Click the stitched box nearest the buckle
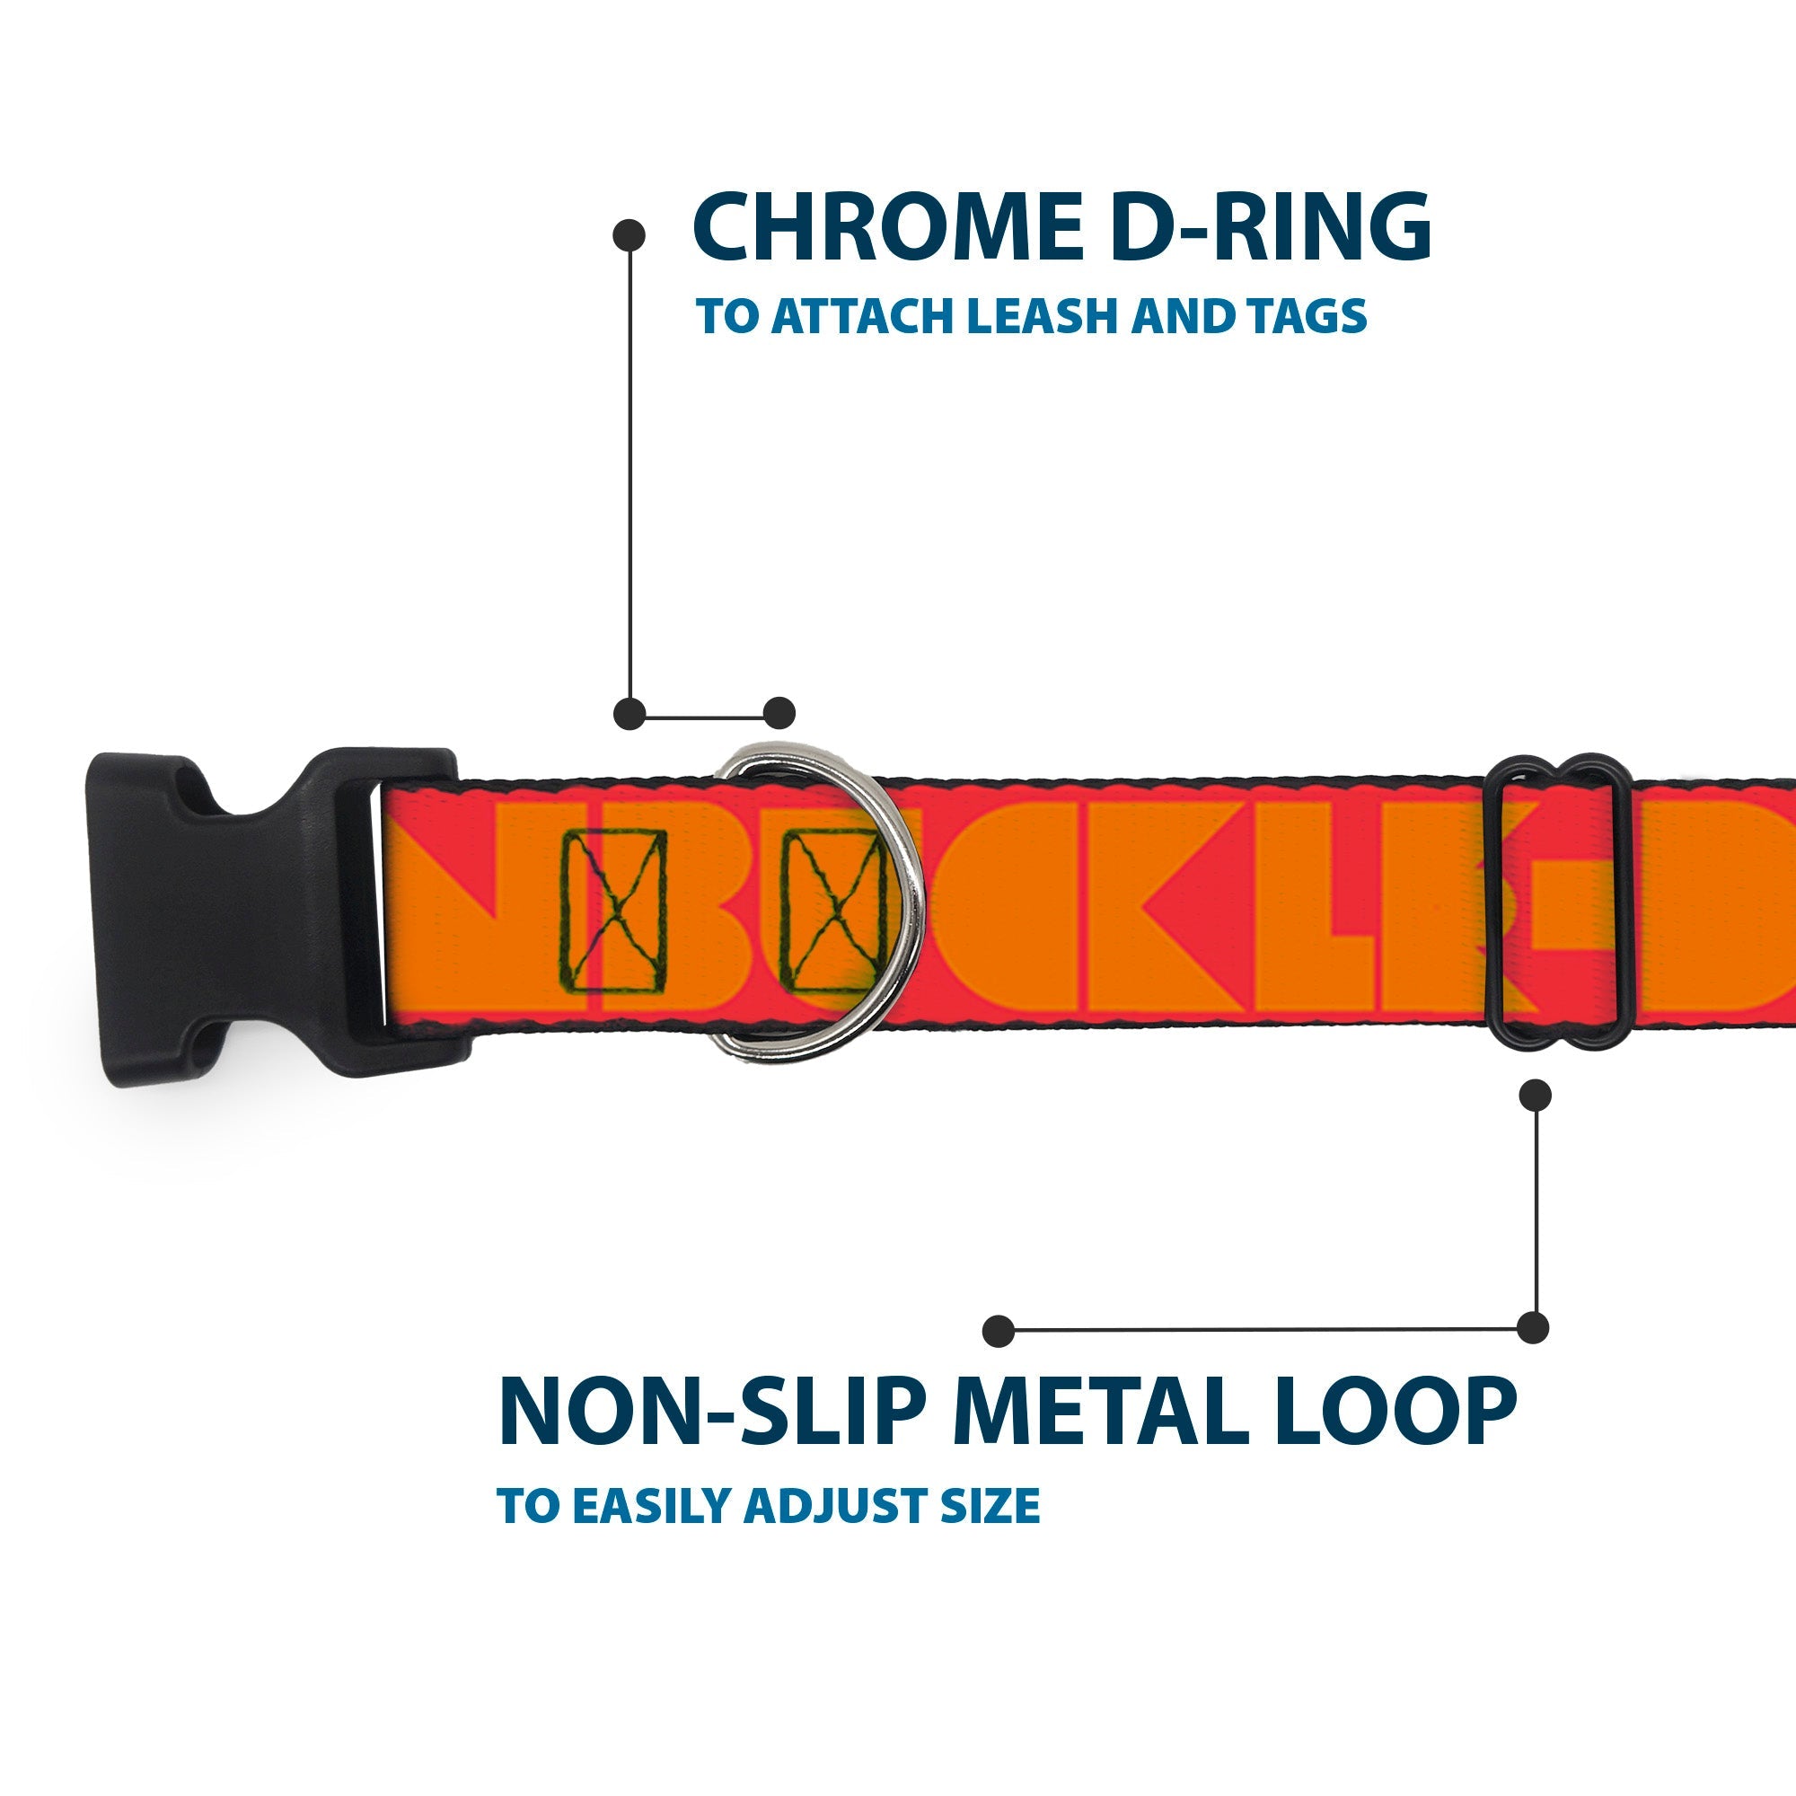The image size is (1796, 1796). pos(614,910)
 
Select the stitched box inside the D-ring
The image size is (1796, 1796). pos(832,910)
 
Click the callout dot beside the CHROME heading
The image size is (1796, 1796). pos(629,235)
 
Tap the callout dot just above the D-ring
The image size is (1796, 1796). pos(779,713)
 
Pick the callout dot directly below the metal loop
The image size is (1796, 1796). pos(1535,1096)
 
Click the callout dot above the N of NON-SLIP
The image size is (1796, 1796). pos(999,1331)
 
